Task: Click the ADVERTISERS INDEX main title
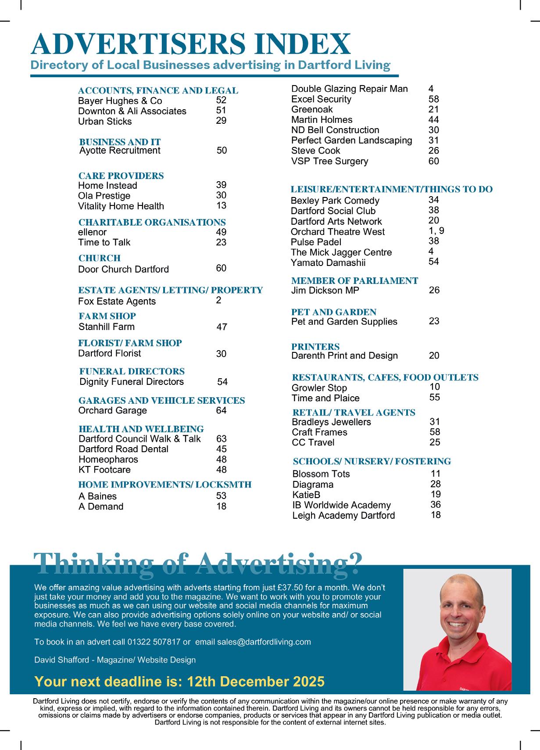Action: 191,44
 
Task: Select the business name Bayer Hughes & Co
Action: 120,101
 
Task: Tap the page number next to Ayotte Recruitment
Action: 222,151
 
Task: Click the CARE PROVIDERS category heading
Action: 121,176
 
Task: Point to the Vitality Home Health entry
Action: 121,206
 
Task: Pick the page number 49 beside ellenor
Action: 221,232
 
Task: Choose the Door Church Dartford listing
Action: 123,269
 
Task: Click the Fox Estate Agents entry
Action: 117,301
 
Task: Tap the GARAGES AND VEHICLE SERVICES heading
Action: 161,400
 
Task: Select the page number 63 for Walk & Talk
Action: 221,439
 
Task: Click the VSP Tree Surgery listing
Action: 330,161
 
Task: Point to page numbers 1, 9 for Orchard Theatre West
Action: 436,230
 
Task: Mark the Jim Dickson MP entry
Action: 325,291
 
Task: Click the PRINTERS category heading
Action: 315,347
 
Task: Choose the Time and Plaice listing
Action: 325,398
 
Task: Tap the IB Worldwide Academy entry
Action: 341,505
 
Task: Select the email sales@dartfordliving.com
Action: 253,642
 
